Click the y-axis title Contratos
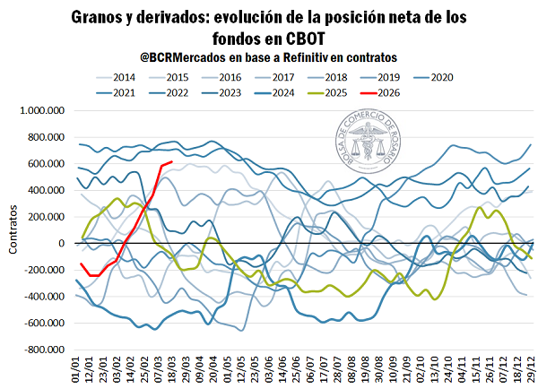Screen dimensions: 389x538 click(x=14, y=230)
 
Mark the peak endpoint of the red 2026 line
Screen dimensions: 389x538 click(x=172, y=163)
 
